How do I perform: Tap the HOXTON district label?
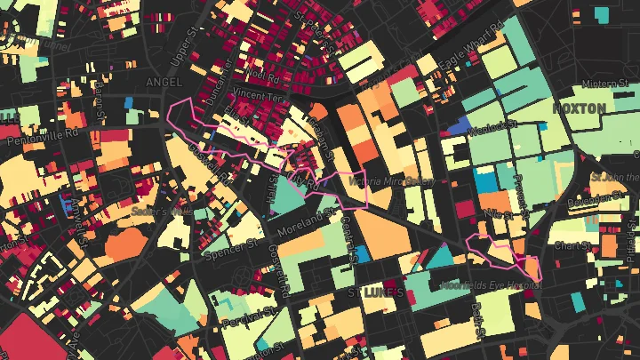(x=579, y=108)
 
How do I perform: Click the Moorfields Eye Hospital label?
(x=490, y=285)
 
